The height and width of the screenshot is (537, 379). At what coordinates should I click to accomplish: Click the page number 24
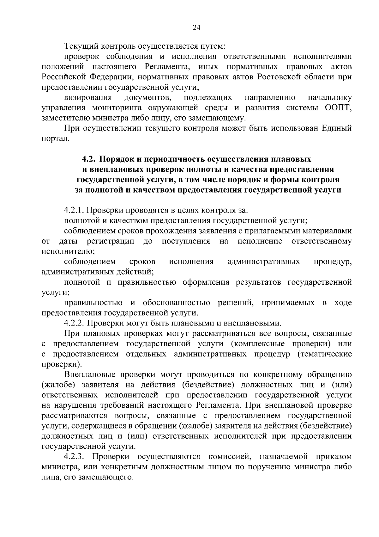click(x=196, y=28)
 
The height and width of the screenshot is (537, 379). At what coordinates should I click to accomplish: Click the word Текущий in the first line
click(x=81, y=46)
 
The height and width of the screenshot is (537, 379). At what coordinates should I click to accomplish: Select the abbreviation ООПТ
click(x=338, y=108)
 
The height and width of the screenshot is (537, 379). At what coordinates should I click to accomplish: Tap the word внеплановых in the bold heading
click(x=109, y=170)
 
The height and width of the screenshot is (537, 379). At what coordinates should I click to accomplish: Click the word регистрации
click(x=111, y=241)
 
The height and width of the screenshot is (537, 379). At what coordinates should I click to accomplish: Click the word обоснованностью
click(x=176, y=303)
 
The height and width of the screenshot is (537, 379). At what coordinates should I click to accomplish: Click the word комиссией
click(x=230, y=457)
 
